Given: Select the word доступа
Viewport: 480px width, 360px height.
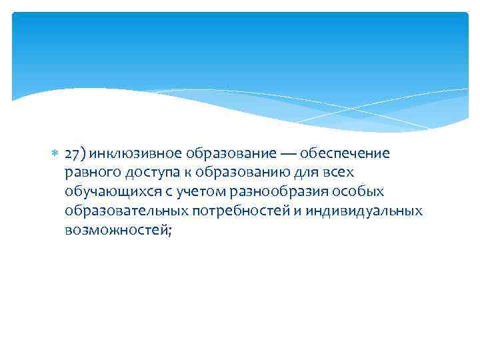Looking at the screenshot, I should pyautogui.click(x=151, y=173).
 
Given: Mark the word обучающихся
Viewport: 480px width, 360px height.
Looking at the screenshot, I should pyautogui.click(x=111, y=192).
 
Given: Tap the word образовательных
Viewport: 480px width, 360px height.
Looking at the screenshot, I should pyautogui.click(x=125, y=211).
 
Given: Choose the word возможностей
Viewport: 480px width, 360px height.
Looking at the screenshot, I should pyautogui.click(x=117, y=230).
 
